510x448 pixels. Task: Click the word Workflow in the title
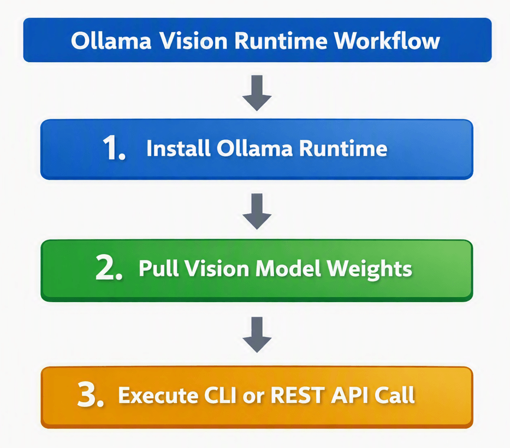[x=387, y=41]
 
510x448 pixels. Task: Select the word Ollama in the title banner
[x=111, y=41]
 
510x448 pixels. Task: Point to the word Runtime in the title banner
[x=281, y=41]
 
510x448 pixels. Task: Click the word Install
[x=178, y=149]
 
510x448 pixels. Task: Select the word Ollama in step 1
[x=254, y=149]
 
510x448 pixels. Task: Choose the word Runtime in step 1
[x=343, y=149]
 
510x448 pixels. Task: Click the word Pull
[x=159, y=268]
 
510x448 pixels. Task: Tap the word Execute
[x=158, y=396]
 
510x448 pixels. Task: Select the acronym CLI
[x=220, y=396]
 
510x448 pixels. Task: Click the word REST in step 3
[x=298, y=396]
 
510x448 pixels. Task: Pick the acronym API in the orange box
[x=349, y=396]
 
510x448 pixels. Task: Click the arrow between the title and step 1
[x=257, y=93]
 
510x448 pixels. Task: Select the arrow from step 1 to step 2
[x=257, y=211]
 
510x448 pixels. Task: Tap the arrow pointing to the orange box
[x=257, y=335]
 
